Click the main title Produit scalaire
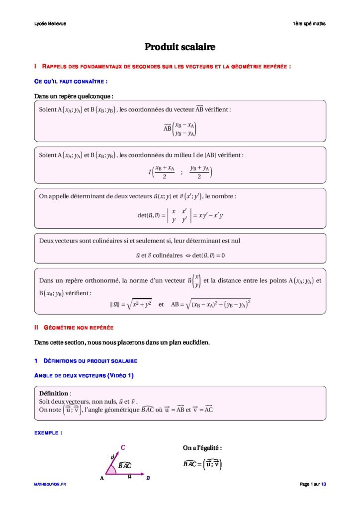click(180, 47)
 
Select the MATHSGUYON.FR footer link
click(50, 484)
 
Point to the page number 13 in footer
click(324, 484)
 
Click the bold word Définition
click(54, 393)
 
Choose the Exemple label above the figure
click(48, 433)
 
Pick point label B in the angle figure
click(148, 478)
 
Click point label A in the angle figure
click(101, 478)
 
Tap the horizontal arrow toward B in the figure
click(127, 474)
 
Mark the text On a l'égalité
click(202, 448)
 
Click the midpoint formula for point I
click(180, 172)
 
